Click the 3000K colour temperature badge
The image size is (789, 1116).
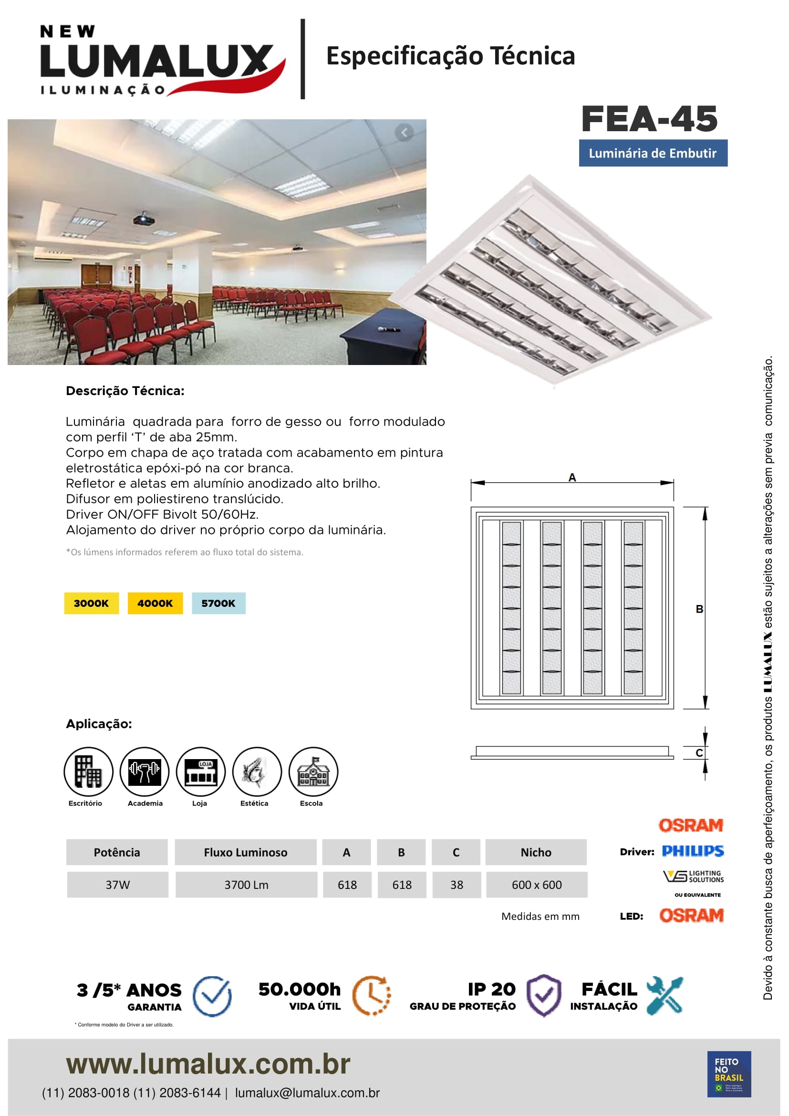click(x=91, y=603)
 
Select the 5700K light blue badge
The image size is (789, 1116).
click(x=218, y=603)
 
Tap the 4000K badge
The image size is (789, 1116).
click(x=155, y=603)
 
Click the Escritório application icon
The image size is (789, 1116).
click(x=88, y=772)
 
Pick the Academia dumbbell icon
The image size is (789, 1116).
click(x=144, y=772)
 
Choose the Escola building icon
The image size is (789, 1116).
click(x=313, y=772)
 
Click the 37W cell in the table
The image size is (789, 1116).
click(x=117, y=885)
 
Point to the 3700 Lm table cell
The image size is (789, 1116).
click(x=246, y=885)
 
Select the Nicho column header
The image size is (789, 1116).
click(x=536, y=852)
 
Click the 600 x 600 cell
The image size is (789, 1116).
click(x=536, y=885)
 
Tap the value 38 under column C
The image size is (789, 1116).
click(x=456, y=885)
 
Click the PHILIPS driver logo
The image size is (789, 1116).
click(x=692, y=851)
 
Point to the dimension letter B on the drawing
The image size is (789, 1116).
click(x=699, y=609)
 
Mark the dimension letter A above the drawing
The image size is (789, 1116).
click(x=572, y=477)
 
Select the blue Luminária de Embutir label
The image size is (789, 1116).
click(x=653, y=153)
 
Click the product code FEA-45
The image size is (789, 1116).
click(x=649, y=119)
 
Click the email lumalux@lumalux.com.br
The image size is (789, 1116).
click(x=307, y=1093)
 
